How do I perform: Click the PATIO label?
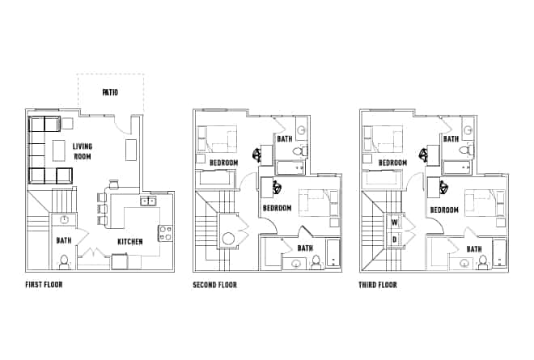[x=111, y=92]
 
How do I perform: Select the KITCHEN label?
[x=130, y=241]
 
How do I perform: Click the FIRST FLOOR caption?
[x=44, y=285]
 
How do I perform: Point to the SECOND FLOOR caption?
[x=214, y=285]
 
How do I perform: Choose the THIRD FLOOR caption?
[x=378, y=285]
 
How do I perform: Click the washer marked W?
[x=395, y=222]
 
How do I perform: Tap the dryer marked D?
[x=395, y=239]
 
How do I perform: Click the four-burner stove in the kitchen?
[x=164, y=234]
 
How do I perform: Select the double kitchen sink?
[x=148, y=201]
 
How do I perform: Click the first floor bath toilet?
[x=64, y=260]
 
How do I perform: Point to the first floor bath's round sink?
[x=64, y=220]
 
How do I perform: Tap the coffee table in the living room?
[x=59, y=151]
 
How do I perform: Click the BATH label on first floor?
[x=64, y=241]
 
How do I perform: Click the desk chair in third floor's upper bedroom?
[x=424, y=152]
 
